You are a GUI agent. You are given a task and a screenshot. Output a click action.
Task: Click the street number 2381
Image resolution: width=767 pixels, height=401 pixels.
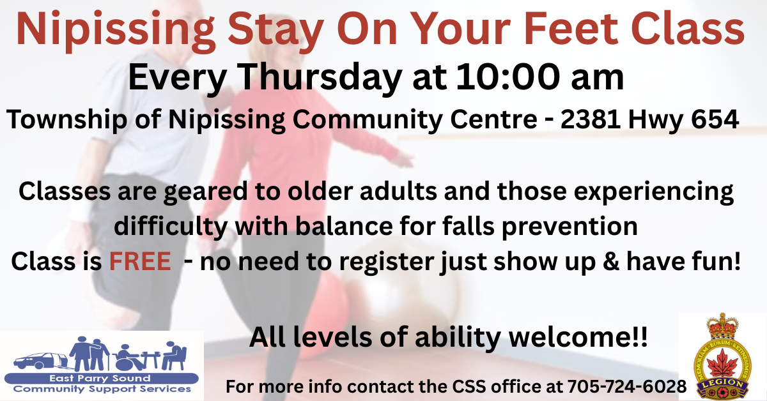591,119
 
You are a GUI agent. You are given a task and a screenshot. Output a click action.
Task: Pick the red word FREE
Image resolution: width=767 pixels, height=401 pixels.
140,261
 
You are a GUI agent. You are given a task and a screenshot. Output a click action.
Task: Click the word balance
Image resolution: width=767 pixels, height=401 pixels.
344,226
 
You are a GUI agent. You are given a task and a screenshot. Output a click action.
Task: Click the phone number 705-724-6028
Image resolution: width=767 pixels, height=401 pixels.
627,386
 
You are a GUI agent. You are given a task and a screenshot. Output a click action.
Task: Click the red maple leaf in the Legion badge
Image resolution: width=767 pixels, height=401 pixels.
723,364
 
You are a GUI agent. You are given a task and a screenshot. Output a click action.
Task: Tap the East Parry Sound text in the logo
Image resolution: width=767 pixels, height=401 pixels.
100,378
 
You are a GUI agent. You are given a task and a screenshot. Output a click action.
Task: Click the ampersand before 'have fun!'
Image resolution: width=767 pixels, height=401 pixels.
610,261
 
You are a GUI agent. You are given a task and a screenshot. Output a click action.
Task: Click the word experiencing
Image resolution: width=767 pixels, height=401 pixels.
654,192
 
